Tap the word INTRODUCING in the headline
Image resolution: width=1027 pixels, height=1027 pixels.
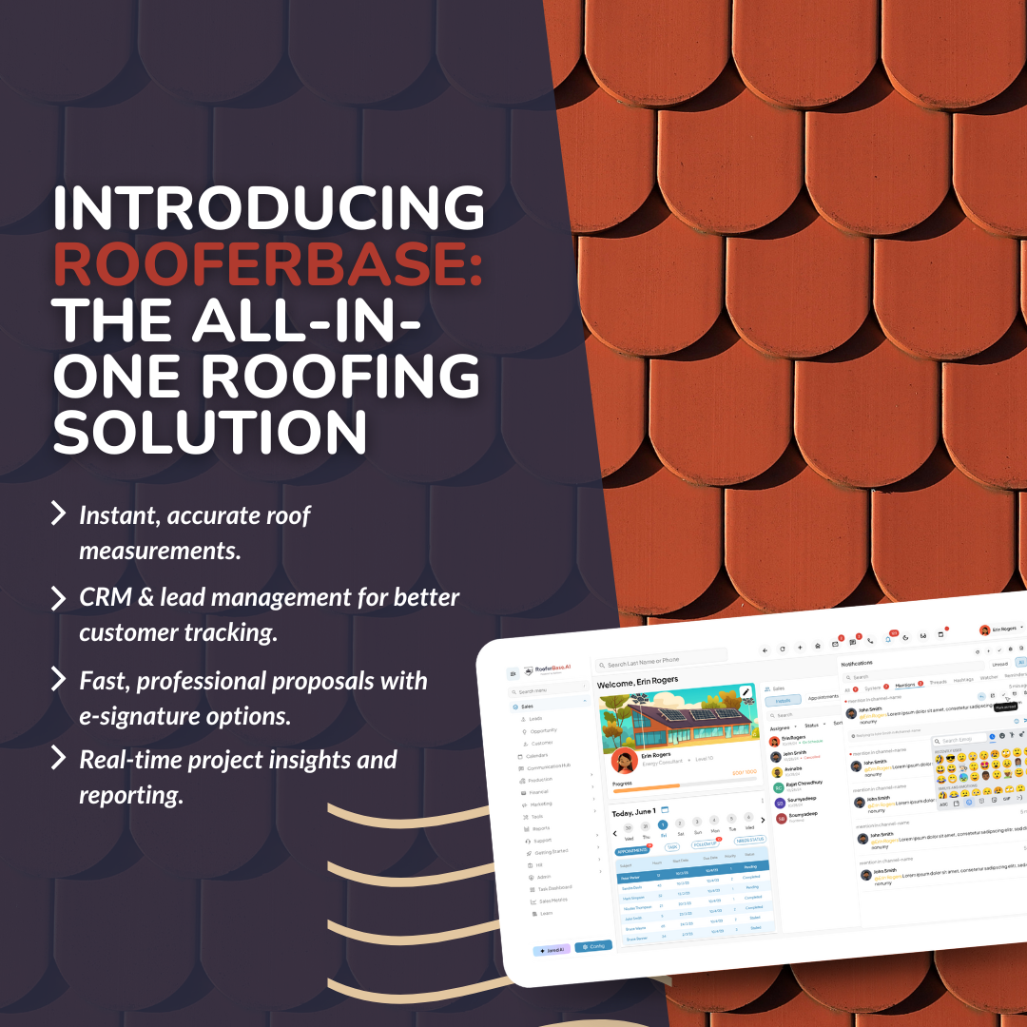click(269, 208)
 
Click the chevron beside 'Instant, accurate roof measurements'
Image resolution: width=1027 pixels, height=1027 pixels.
click(59, 515)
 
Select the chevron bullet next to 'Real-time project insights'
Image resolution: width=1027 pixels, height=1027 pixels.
click(59, 759)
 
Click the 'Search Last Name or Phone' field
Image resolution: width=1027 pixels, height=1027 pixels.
click(656, 660)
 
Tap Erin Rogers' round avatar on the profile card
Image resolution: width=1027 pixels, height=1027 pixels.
click(624, 760)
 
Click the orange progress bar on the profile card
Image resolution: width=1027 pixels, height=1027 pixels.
click(647, 785)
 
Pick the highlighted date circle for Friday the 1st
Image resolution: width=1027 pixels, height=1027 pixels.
click(663, 825)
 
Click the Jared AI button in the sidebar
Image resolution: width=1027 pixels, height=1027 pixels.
click(551, 948)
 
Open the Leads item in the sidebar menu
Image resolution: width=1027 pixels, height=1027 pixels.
click(535, 718)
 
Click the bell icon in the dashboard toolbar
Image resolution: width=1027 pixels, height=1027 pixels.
click(887, 639)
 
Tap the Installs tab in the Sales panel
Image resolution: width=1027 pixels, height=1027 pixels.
click(784, 701)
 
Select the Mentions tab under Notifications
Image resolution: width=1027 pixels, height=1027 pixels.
click(904, 683)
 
